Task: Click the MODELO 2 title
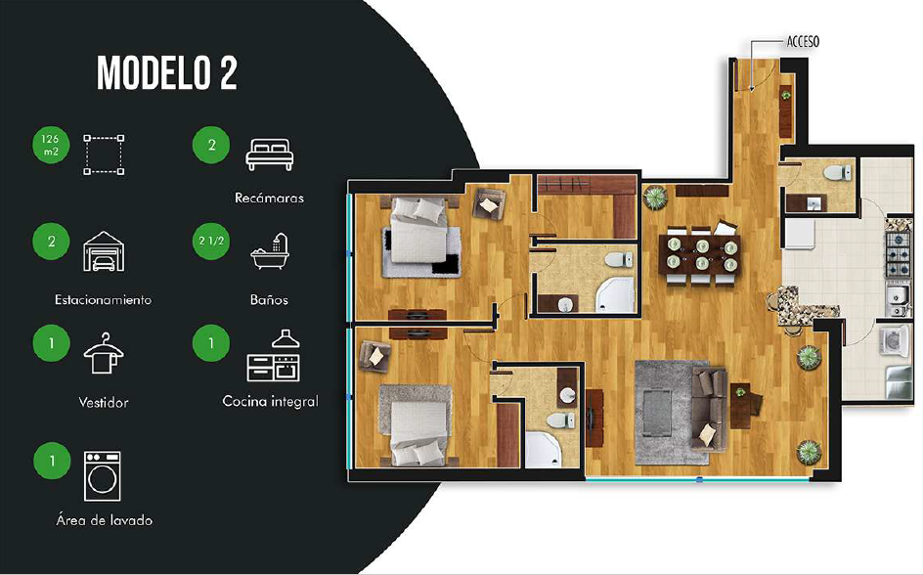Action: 167,73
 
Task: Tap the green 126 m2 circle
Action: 51,145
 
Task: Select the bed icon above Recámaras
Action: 269,155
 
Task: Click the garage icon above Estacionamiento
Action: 104,250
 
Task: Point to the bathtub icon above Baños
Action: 270,251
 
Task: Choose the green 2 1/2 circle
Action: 211,241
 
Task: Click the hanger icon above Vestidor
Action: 104,353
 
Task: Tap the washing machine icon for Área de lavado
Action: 103,476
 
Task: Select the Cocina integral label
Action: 270,401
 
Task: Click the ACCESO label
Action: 803,42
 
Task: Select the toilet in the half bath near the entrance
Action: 837,172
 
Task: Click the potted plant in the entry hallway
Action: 786,94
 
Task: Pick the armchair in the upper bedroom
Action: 489,203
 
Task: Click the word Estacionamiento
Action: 103,299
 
